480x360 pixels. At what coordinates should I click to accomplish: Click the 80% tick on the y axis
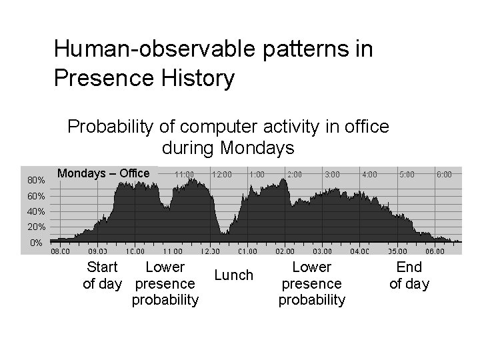click(36, 180)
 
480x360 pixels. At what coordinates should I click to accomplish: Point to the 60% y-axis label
click(36, 196)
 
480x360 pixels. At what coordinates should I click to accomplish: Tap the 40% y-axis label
click(36, 211)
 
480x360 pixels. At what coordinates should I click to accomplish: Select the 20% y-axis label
click(36, 227)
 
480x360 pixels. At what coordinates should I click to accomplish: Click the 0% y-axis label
click(38, 242)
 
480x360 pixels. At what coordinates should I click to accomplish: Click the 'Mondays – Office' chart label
click(103, 173)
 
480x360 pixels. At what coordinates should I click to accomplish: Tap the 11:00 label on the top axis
click(184, 174)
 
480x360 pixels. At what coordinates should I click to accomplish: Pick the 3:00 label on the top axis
click(331, 174)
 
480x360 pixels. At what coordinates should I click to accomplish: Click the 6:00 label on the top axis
click(444, 174)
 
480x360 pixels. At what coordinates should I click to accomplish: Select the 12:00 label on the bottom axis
click(210, 251)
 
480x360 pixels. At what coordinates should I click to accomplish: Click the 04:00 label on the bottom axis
click(359, 251)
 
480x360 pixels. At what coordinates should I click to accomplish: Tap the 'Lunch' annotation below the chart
click(233, 275)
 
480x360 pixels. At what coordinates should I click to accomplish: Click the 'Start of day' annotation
click(103, 275)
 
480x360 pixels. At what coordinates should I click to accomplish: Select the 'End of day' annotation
click(409, 275)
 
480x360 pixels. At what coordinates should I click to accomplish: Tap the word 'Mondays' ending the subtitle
click(257, 147)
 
